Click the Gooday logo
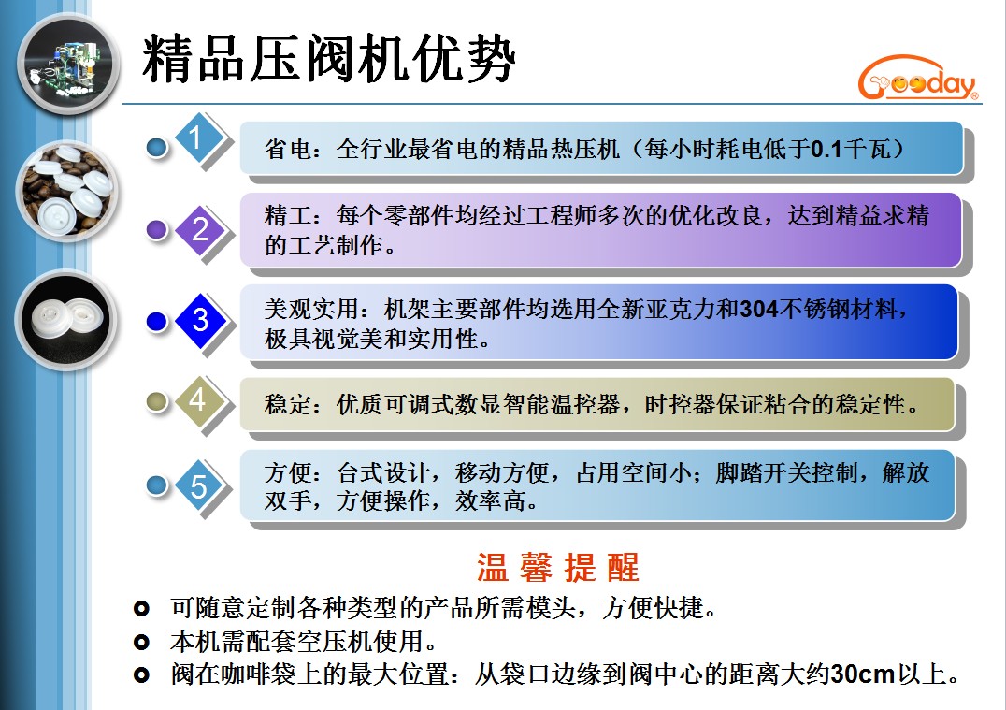918,79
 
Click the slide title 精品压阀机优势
328,59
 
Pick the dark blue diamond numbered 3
201,320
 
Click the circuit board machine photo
68,64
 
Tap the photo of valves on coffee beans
66,191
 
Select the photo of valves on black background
66,319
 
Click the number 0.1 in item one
826,149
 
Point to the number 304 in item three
759,310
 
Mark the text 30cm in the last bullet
863,674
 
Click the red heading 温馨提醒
557,568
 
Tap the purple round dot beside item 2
156,229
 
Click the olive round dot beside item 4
156,401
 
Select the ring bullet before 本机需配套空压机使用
141,642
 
